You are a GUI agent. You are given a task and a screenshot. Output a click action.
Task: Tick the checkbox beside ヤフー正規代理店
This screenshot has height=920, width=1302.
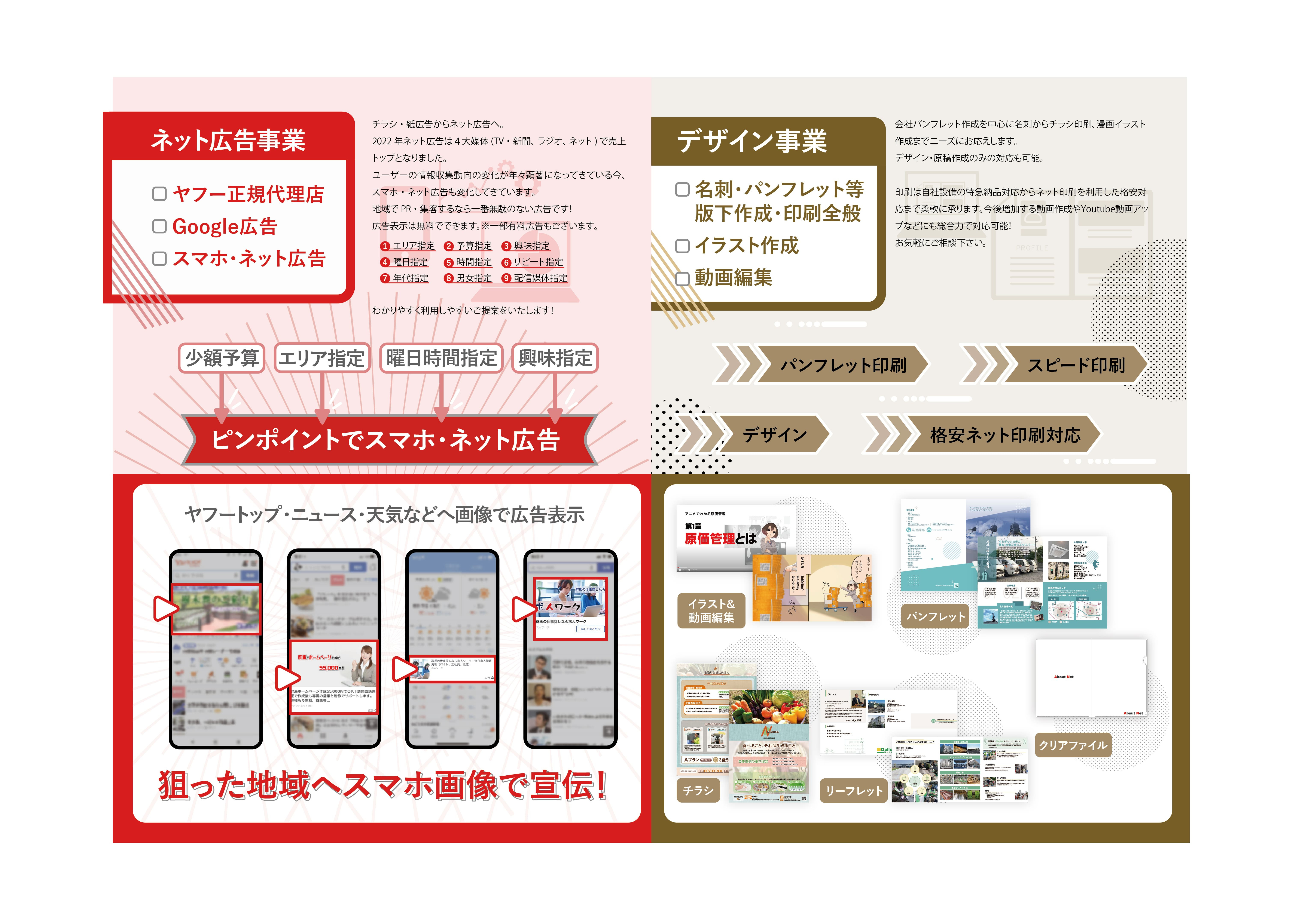point(159,194)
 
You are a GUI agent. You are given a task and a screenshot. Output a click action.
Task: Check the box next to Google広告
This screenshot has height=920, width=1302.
point(159,226)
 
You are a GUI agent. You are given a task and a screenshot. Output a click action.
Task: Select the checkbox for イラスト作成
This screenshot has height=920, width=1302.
point(682,246)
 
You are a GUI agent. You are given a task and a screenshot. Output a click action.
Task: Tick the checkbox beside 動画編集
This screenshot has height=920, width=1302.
point(682,278)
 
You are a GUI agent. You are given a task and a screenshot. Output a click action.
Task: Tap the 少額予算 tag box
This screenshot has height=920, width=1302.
point(222,358)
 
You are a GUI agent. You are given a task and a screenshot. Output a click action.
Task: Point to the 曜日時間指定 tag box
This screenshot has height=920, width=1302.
point(441,358)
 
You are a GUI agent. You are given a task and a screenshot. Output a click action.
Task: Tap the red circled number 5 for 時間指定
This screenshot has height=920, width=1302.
point(449,262)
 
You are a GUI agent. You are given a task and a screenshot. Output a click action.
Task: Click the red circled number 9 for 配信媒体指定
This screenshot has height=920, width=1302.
point(506,278)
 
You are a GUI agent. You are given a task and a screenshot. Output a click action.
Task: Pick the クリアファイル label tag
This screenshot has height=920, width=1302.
point(1072,745)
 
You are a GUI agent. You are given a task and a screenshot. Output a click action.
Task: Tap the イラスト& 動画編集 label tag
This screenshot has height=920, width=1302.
point(711,610)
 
